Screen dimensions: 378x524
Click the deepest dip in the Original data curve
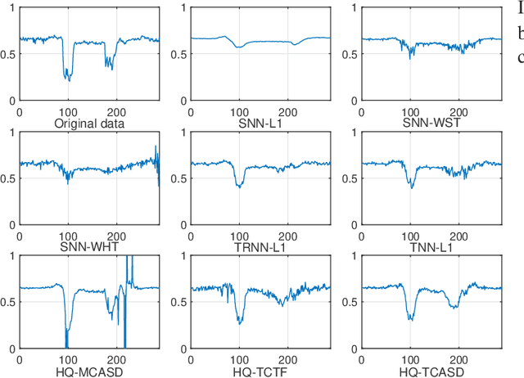click(69, 80)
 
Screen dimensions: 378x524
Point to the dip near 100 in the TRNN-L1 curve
click(239, 186)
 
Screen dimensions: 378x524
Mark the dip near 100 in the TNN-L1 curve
click(412, 187)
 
